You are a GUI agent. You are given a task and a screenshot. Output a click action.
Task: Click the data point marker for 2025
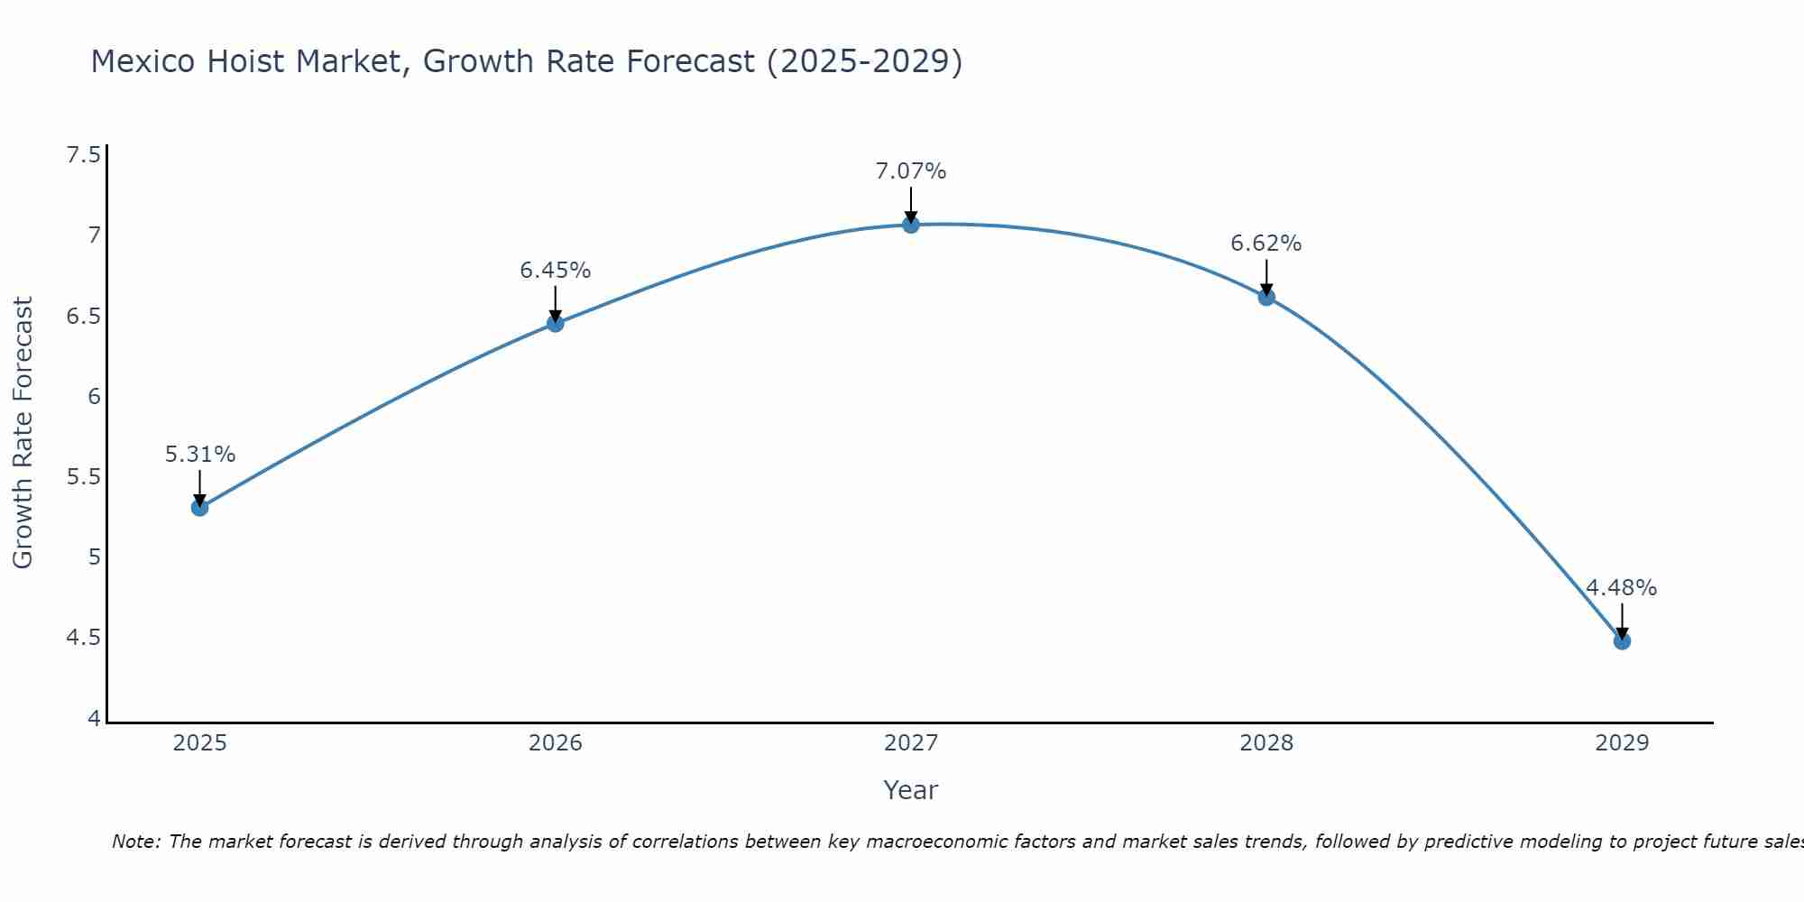200,508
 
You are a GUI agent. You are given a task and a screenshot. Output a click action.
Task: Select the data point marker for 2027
911,225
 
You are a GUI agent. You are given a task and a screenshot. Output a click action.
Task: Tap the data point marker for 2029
1622,641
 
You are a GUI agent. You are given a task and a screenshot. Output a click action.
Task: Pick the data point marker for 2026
556,324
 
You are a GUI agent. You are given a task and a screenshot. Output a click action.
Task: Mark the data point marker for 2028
1266,297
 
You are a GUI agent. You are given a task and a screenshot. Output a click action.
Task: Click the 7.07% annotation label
911,171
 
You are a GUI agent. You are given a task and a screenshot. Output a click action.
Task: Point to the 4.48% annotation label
1622,588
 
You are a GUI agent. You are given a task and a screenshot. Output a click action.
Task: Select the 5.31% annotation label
200,455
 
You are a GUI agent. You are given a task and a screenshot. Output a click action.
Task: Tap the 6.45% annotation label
556,271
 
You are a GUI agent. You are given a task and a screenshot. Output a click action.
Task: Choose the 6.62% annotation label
1266,244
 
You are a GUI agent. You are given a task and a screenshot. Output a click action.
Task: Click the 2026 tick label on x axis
556,743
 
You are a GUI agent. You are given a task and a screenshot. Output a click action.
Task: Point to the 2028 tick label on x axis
1266,743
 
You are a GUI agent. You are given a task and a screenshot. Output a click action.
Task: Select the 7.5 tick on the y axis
83,155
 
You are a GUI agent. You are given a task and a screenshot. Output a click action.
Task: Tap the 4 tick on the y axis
94,719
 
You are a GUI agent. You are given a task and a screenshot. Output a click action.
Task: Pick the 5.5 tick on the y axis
83,477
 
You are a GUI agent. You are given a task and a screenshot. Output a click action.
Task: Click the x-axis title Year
911,790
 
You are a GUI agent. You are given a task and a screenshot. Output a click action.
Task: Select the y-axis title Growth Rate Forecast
23,433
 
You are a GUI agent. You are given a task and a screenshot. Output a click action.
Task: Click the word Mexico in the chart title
143,61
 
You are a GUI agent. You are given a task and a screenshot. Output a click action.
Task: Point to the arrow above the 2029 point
1622,621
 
